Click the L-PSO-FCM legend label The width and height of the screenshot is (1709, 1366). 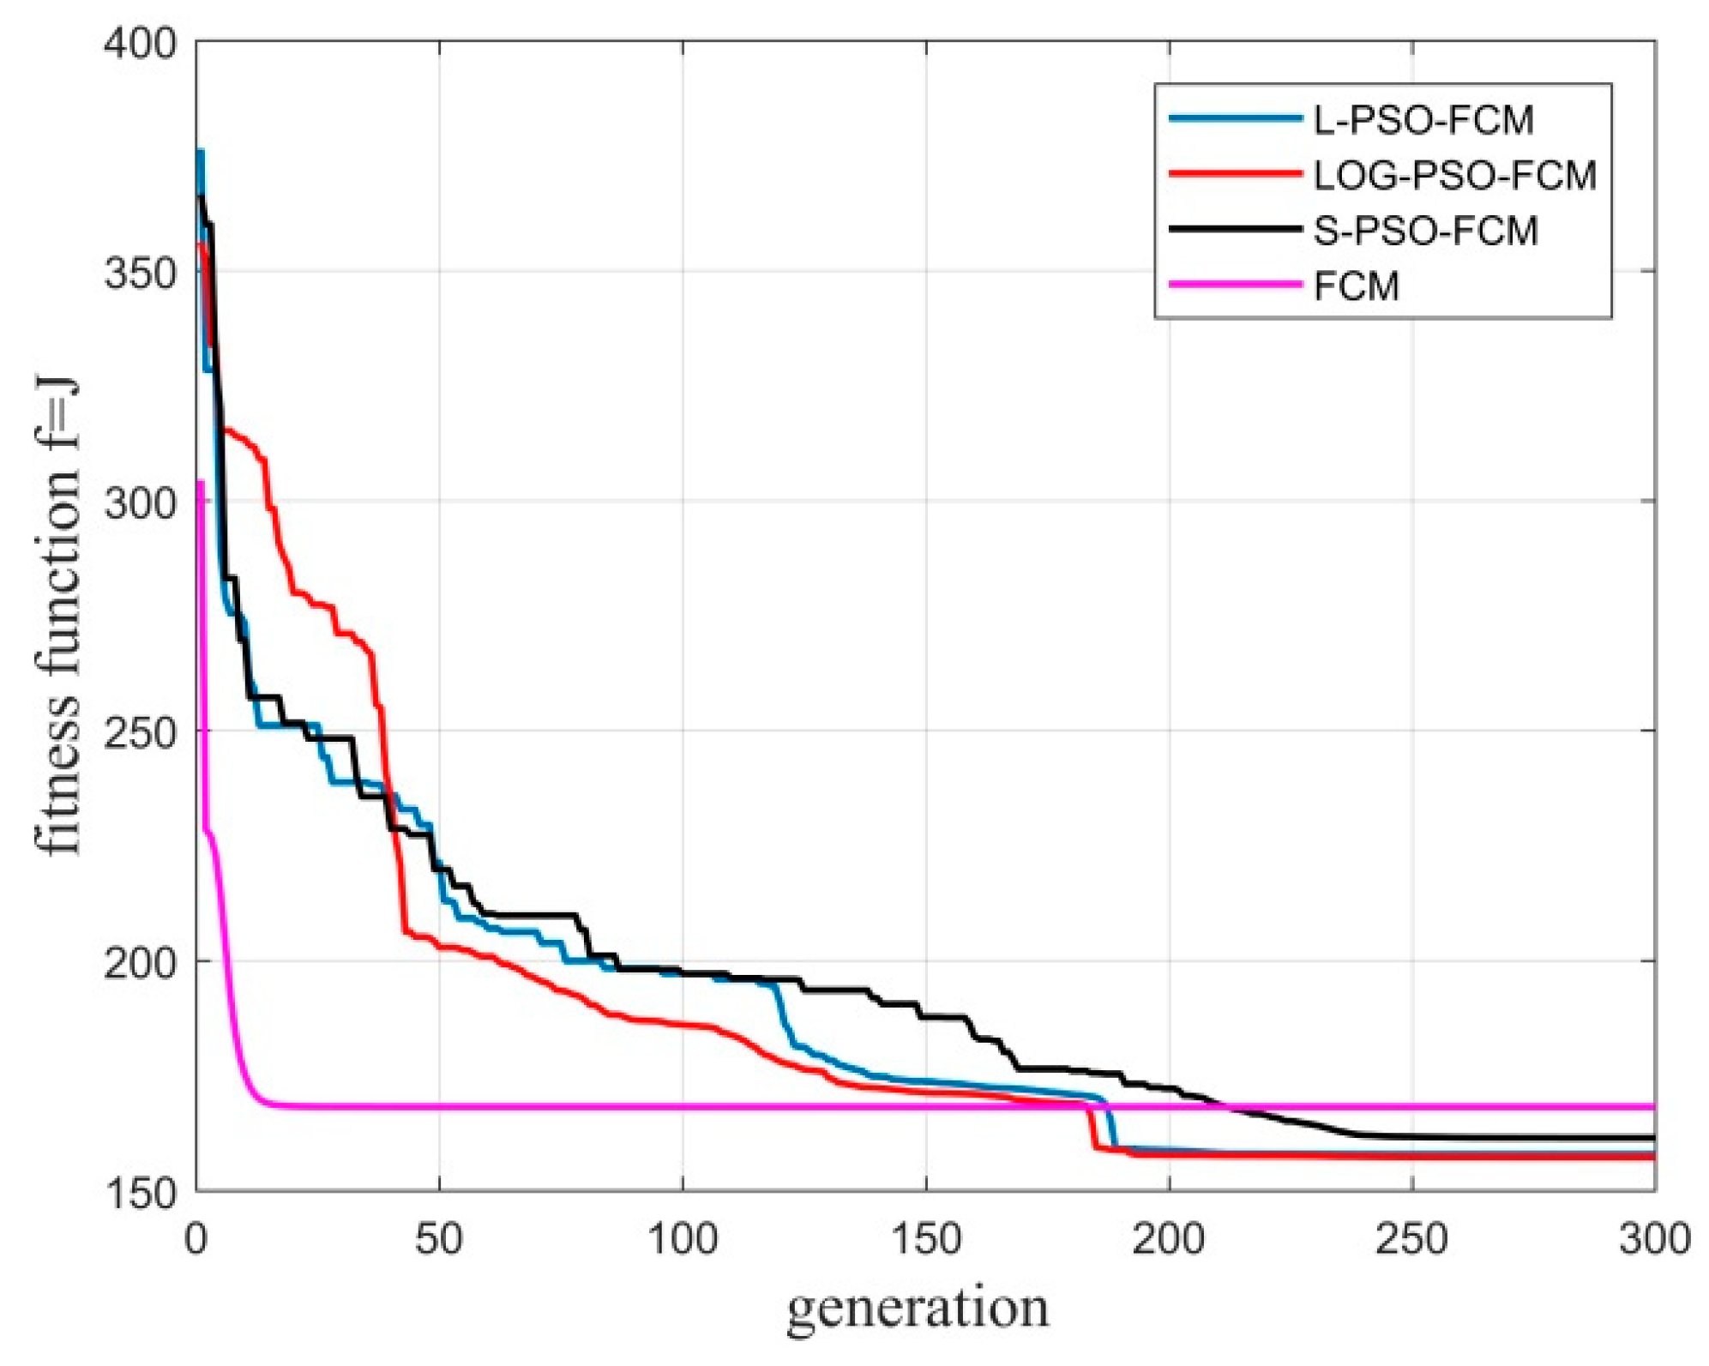click(1423, 120)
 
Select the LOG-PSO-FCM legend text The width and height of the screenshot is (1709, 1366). click(1454, 176)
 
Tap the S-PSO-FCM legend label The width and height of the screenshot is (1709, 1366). click(1425, 232)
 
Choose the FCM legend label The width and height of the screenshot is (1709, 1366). click(1356, 286)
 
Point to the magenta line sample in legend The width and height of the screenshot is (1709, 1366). click(1235, 285)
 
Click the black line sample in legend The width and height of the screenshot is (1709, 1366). click(1235, 229)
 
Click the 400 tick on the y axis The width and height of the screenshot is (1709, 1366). click(139, 43)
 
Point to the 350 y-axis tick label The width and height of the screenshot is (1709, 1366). click(139, 272)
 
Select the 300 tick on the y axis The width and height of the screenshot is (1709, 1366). click(139, 502)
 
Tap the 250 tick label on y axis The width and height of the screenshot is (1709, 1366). click(139, 731)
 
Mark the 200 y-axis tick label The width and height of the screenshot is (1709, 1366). click(139, 961)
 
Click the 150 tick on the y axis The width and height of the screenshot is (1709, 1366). click(139, 1192)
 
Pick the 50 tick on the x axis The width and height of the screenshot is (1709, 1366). click(439, 1238)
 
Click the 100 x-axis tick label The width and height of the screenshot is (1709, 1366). click(683, 1238)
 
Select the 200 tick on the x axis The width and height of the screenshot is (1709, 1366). click(1169, 1238)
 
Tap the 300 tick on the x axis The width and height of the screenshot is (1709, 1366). click(1654, 1238)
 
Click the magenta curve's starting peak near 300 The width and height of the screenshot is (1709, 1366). click(201, 482)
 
